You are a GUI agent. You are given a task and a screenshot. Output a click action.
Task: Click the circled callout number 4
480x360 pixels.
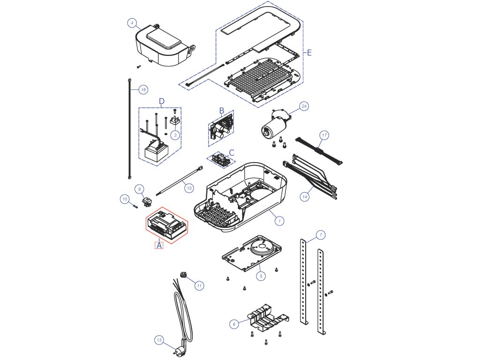[132, 23]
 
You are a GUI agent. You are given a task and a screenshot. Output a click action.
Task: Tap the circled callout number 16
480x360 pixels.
[143, 90]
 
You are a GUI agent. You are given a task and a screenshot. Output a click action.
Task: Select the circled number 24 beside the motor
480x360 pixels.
[304, 106]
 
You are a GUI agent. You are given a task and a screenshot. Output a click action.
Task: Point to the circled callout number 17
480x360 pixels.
[324, 135]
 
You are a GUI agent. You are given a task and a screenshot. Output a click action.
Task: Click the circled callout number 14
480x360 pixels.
[305, 197]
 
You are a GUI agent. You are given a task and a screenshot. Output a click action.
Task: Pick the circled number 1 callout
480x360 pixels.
[279, 221]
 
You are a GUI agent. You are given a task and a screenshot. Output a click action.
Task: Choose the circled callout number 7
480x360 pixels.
[321, 235]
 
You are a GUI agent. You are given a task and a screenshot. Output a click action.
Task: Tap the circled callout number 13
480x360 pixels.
[159, 340]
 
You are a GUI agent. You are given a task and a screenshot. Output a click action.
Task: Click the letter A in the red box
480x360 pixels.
[159, 245]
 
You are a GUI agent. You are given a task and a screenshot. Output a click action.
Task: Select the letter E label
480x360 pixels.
[309, 52]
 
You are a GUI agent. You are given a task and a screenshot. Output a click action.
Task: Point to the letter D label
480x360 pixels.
[162, 101]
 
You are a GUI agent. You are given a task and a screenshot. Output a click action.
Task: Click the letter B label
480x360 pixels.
[222, 111]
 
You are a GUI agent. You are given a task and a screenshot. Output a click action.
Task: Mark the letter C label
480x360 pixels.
[232, 152]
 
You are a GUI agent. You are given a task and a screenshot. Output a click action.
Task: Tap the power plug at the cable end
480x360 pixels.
[179, 350]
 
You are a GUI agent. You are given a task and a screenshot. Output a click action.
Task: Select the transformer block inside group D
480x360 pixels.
[156, 151]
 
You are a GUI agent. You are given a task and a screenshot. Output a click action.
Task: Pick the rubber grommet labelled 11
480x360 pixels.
[183, 274]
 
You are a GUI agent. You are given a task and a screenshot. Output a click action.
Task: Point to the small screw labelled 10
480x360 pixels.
[135, 206]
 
